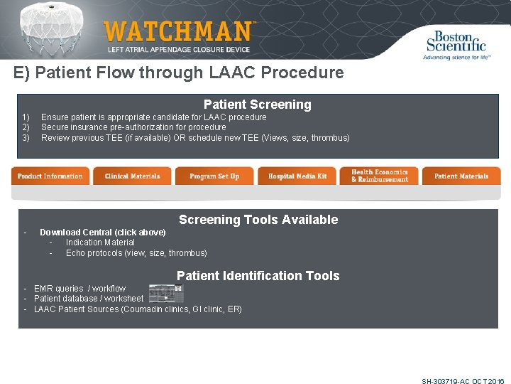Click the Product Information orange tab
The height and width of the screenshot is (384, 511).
point(50,176)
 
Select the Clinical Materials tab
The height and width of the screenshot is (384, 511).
point(132,176)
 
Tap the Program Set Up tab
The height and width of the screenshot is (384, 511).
point(214,176)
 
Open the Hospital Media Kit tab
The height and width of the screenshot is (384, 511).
point(297,176)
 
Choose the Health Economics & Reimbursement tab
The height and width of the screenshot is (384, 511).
point(379,176)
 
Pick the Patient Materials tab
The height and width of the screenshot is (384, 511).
point(461,176)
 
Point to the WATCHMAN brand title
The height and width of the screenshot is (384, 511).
point(178,31)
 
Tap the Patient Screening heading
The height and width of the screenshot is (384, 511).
point(257,105)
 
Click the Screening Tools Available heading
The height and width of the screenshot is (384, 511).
point(258,220)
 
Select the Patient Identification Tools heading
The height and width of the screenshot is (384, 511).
point(258,276)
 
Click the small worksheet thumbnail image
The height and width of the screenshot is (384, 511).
point(165,294)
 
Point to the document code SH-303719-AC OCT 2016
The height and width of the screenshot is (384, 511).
point(462,381)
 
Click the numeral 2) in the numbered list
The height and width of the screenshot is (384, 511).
point(25,127)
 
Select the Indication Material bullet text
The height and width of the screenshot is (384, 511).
point(100,242)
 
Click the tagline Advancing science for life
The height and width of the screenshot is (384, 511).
point(457,57)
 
